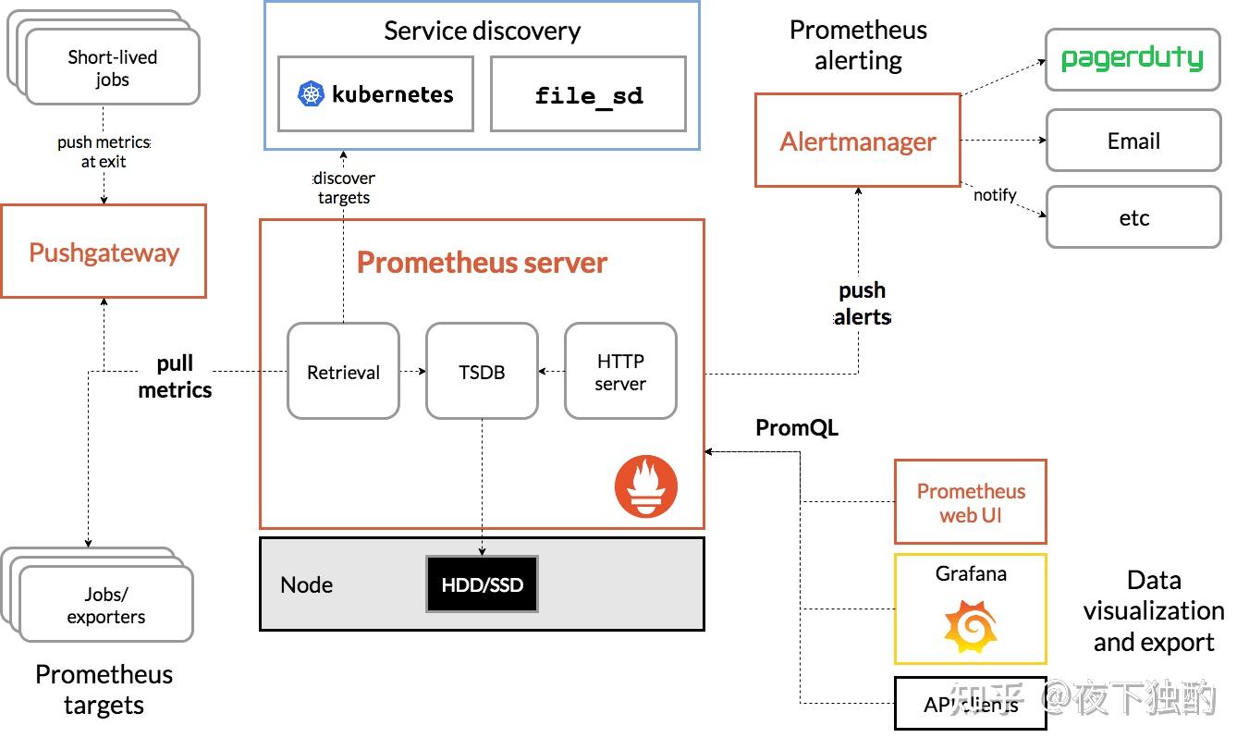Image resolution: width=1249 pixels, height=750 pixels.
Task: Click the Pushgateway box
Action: click(x=104, y=252)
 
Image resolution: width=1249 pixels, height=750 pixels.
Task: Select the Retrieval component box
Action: click(x=343, y=372)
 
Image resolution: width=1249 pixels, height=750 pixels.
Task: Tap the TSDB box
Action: click(x=482, y=372)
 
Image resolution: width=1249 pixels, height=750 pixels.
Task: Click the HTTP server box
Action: click(x=620, y=372)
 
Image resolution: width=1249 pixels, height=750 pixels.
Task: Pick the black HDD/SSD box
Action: click(x=482, y=584)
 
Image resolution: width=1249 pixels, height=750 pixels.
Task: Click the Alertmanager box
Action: click(x=857, y=141)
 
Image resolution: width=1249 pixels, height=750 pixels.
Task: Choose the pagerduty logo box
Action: click(x=1133, y=59)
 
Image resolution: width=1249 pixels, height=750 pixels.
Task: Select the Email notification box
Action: click(x=1133, y=141)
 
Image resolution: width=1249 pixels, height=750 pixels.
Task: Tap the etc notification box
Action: click(x=1133, y=218)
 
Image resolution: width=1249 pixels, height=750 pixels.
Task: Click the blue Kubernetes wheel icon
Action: click(x=312, y=94)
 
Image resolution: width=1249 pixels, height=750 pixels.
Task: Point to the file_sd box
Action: click(x=588, y=94)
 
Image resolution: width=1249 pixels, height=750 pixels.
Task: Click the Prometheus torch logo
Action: click(x=646, y=486)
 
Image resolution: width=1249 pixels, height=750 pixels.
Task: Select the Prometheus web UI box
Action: click(x=971, y=502)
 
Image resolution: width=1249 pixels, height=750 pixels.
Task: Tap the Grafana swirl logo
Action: click(x=970, y=627)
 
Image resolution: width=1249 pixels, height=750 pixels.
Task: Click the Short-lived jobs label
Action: click(x=112, y=68)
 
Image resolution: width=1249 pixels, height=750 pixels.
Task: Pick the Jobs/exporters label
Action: click(x=105, y=605)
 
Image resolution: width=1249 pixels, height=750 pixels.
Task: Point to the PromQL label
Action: click(x=797, y=427)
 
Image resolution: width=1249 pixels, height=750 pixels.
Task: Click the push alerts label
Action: click(x=862, y=303)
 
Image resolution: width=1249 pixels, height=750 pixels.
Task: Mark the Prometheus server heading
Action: click(x=482, y=263)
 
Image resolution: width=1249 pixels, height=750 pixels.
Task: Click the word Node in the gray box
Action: click(x=306, y=584)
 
